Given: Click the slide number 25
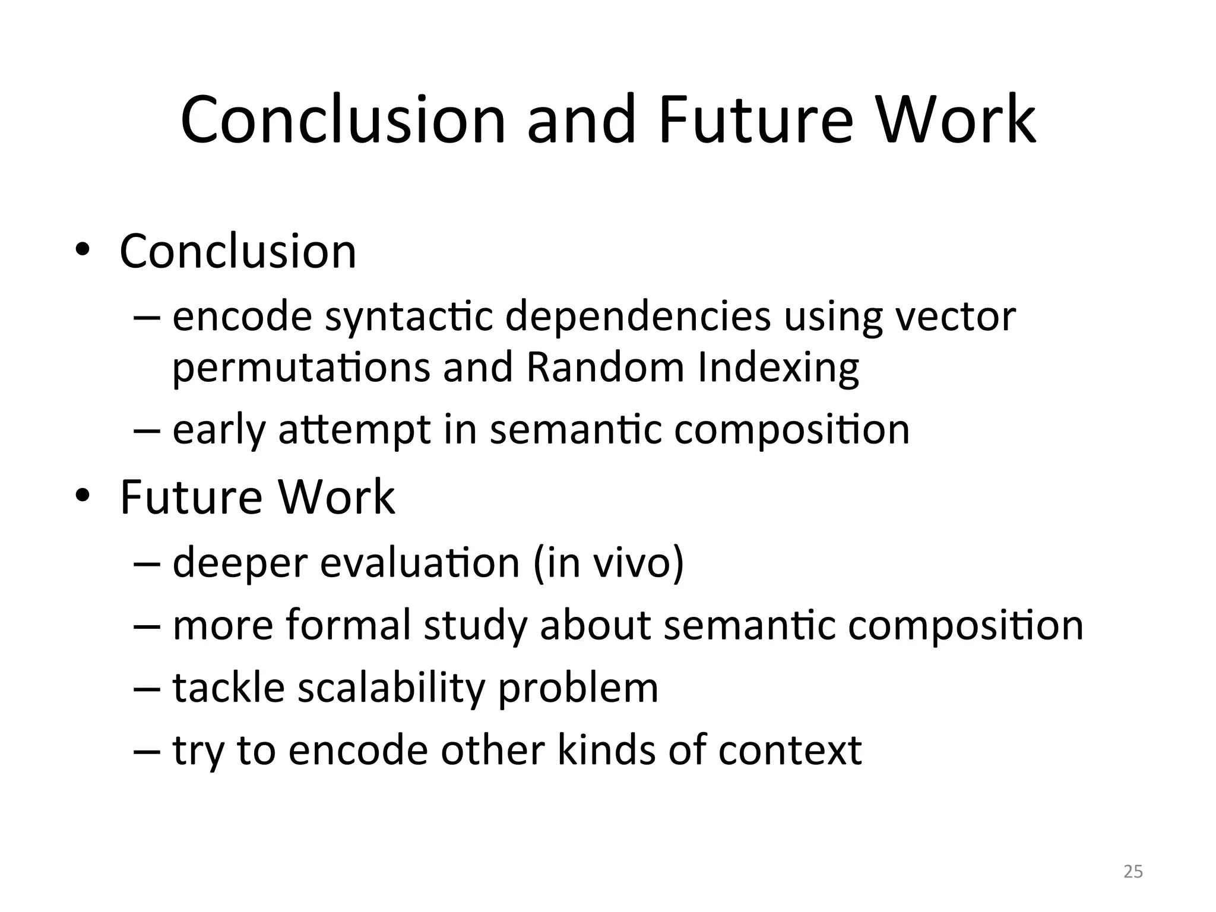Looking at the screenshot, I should pos(1133,872).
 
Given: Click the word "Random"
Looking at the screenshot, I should pos(605,367).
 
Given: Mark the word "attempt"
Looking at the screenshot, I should pos(354,430).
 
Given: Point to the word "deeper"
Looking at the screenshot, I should pos(239,563).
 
